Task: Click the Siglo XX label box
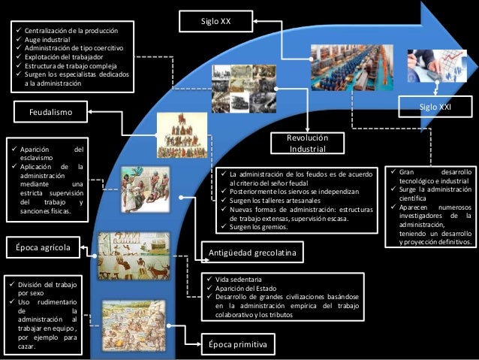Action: coord(216,22)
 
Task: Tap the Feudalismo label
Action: coord(50,113)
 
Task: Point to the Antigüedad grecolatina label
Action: coord(251,254)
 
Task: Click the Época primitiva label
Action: coord(236,344)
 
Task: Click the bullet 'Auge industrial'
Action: coord(48,40)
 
